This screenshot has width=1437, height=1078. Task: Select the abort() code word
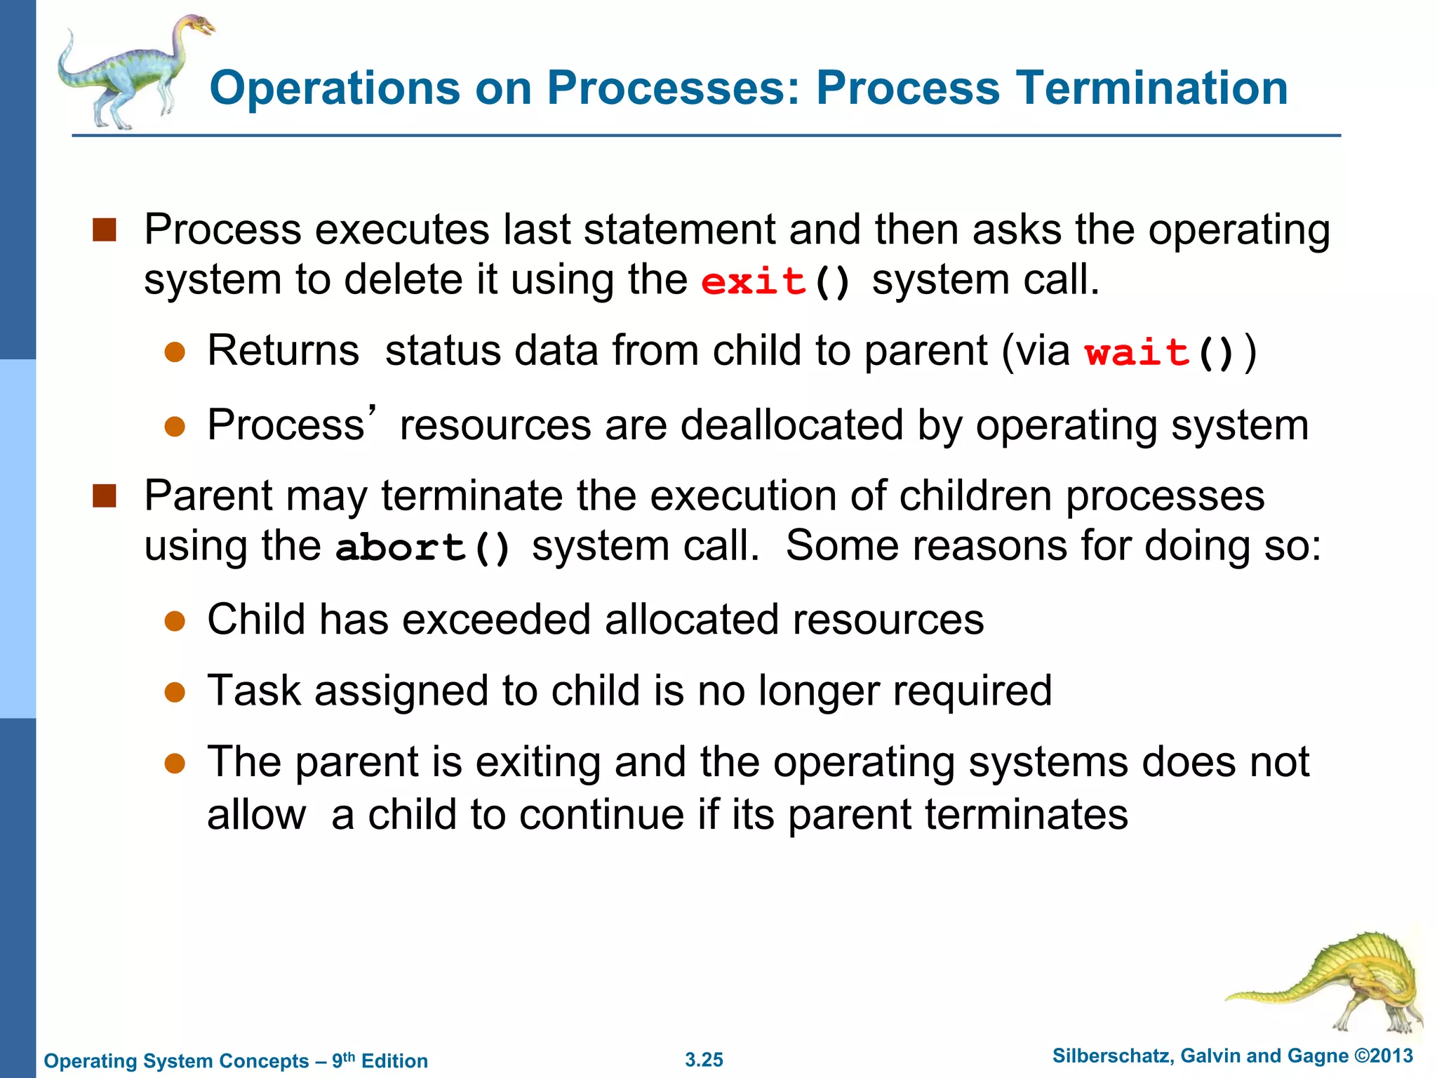tap(423, 547)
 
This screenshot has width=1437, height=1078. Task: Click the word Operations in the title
tap(335, 88)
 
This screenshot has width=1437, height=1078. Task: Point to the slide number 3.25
tap(704, 1060)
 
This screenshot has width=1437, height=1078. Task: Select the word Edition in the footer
tap(394, 1061)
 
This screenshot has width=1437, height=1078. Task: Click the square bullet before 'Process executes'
tap(104, 229)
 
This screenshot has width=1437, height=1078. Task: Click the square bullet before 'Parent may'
tap(104, 495)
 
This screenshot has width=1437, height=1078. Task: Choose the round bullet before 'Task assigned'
tap(174, 692)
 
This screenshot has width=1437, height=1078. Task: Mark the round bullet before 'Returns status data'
tap(174, 352)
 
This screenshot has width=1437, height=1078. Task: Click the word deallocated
tap(791, 425)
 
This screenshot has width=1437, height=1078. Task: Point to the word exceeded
tap(496, 620)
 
